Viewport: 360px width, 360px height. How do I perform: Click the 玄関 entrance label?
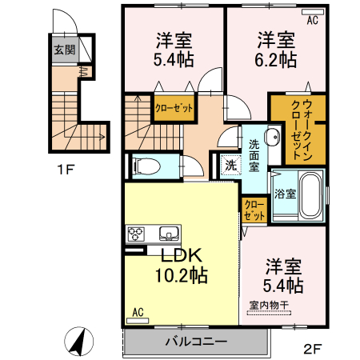[64, 50]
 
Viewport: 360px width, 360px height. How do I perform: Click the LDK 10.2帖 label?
[182, 266]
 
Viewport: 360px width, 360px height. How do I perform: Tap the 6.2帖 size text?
[277, 60]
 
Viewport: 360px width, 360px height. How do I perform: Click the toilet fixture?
[147, 166]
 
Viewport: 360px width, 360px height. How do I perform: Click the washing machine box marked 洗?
[229, 166]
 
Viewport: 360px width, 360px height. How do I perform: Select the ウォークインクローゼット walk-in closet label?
[296, 127]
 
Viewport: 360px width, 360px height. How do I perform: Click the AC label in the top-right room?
[313, 22]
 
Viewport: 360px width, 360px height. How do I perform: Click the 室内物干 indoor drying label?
[270, 304]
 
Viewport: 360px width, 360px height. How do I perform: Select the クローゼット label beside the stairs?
[172, 108]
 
